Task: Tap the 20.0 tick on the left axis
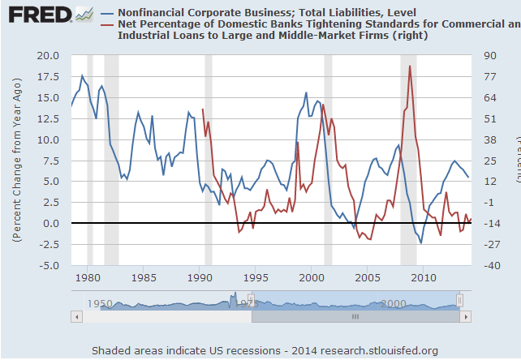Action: [x=48, y=55]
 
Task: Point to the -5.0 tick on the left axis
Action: [x=48, y=265]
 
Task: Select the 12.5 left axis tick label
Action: [x=48, y=118]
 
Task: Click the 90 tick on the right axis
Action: [x=490, y=55]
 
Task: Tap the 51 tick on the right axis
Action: [x=490, y=118]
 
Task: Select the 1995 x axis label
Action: [x=255, y=277]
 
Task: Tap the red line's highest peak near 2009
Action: [x=411, y=66]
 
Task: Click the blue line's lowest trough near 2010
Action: [x=421, y=242]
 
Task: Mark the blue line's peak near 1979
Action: [x=82, y=75]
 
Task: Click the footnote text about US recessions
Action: [x=265, y=350]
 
